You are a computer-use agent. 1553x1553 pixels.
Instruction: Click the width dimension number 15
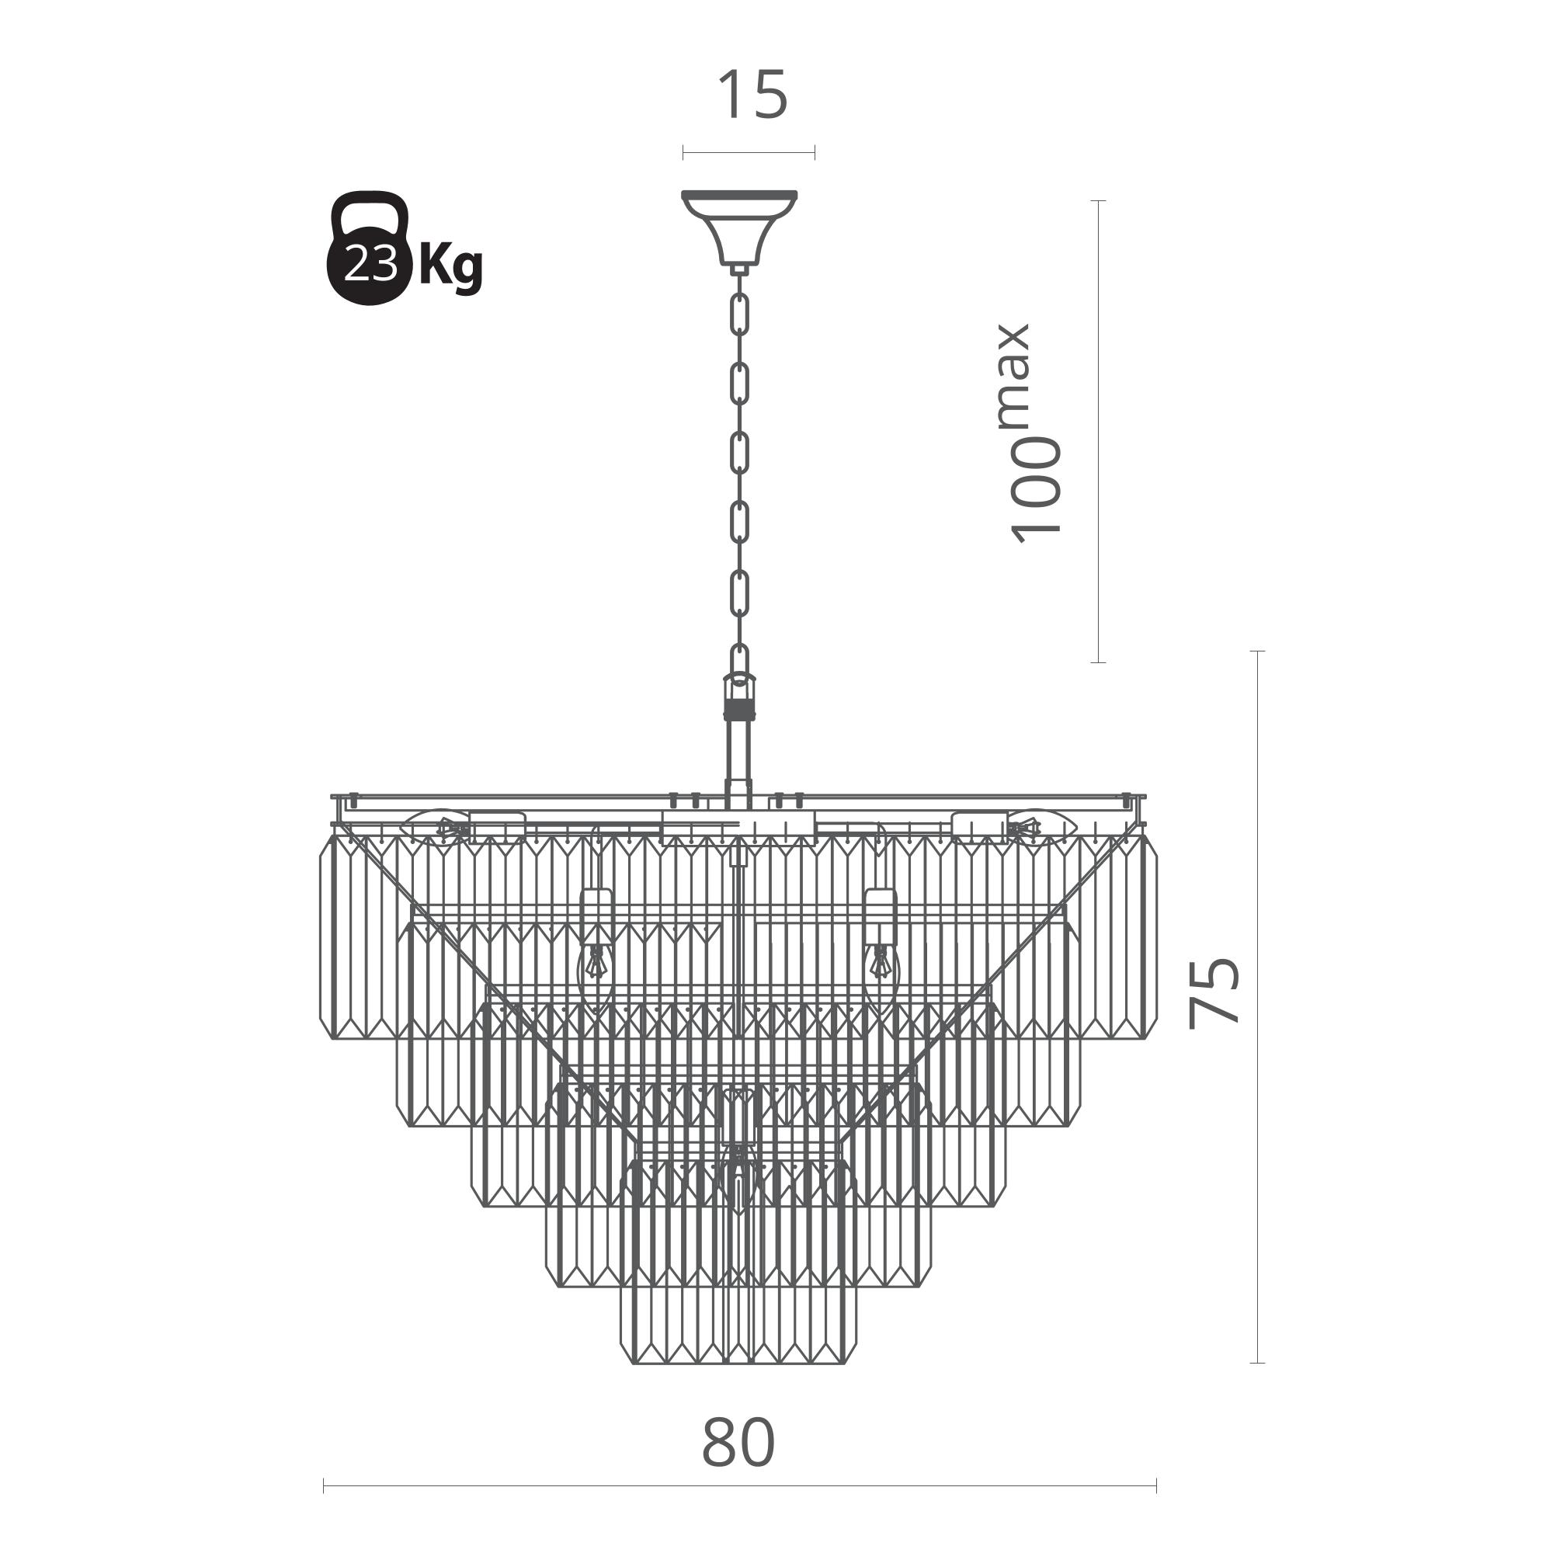[752, 95]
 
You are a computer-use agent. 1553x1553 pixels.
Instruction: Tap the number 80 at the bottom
[738, 1443]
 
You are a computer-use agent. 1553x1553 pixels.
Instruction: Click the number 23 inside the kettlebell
[370, 263]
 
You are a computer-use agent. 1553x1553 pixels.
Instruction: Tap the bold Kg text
[452, 266]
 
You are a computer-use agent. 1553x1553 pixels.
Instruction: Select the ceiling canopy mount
[739, 228]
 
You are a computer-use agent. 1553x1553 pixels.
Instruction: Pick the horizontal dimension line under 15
[749, 153]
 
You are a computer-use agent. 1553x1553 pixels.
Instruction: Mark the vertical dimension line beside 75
[1258, 1006]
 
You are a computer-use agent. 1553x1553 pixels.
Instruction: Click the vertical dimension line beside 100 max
[1099, 432]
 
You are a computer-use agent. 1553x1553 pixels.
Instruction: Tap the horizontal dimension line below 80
[739, 1485]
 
